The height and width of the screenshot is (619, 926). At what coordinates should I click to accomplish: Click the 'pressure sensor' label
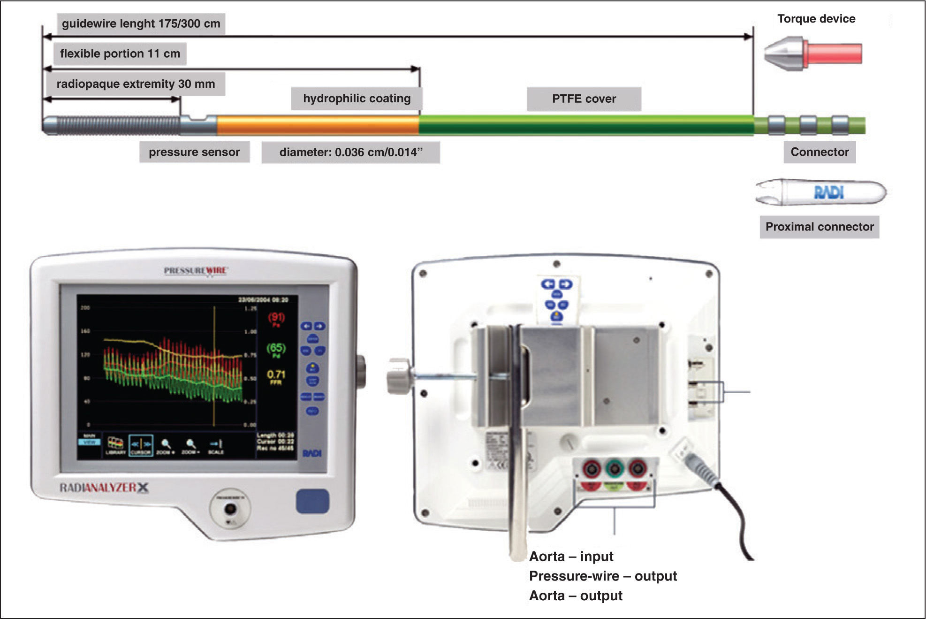pos(194,152)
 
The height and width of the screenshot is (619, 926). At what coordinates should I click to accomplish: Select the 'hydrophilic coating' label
pos(357,99)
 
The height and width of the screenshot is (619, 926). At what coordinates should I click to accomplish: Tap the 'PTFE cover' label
pos(584,99)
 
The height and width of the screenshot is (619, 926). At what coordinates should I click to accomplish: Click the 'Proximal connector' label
pos(819,227)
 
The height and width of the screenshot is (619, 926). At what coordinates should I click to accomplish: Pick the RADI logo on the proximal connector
pos(828,192)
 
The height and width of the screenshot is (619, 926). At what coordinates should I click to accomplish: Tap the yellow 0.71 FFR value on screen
pos(276,375)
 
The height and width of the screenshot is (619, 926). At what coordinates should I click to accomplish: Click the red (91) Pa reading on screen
pos(276,318)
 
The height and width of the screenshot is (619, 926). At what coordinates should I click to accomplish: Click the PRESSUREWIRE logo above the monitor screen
pos(196,270)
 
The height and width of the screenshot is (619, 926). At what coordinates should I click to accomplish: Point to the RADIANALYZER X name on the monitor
pos(104,488)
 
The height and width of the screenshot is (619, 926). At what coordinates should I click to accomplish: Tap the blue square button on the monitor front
pos(312,501)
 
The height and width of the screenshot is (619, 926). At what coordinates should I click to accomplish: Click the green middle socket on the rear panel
pos(614,468)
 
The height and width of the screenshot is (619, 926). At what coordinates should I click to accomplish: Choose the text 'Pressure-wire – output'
pos(603,576)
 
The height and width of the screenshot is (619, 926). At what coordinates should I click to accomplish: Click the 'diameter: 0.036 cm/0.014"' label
pos(350,153)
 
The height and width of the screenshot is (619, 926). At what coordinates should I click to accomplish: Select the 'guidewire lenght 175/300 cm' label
pos(141,24)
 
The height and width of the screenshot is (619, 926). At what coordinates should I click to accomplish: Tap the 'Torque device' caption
pos(816,19)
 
